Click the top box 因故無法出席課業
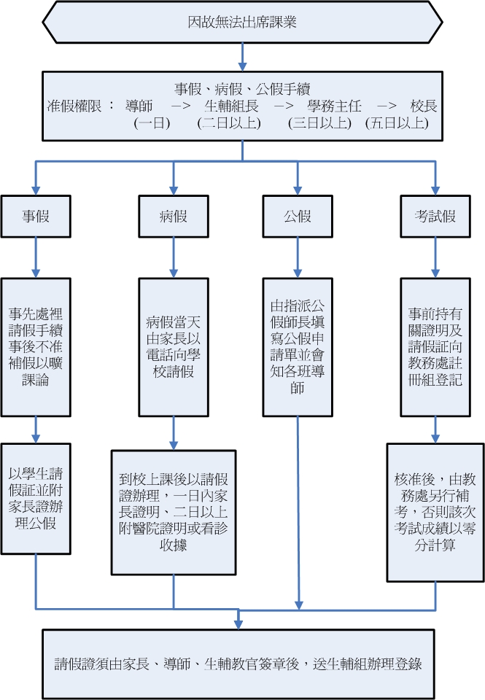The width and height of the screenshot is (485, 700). coord(242,22)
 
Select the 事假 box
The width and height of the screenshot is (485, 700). coord(36,216)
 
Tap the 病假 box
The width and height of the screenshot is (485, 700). coord(173,216)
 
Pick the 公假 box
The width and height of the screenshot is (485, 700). coord(297,216)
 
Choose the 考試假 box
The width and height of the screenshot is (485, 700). coord(435,216)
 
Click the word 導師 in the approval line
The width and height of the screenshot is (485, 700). coord(139,106)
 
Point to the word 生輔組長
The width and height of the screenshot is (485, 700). coord(231,106)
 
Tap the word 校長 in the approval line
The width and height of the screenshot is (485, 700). coord(423,106)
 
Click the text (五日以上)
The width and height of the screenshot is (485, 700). coord(396,123)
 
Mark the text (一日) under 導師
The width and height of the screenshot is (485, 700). coord(152,123)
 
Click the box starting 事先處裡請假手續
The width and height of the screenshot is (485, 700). coord(36,346)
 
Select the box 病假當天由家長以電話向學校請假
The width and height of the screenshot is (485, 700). coord(173,346)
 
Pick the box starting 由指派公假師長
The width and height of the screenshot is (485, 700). coord(297,346)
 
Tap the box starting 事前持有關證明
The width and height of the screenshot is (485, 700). coord(435,346)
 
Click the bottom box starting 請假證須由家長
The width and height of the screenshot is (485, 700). coord(242,664)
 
